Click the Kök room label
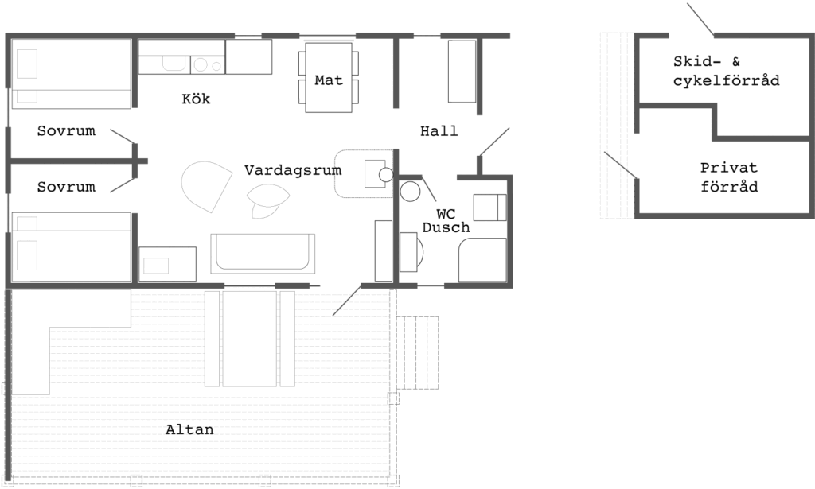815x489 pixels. tap(196, 99)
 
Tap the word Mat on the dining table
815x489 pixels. tap(329, 80)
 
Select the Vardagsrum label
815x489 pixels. tap(293, 170)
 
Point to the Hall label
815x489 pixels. tap(439, 131)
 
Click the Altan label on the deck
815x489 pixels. tap(189, 429)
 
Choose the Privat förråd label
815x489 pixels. tap(729, 177)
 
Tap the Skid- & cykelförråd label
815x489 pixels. tap(726, 71)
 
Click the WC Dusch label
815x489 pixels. tap(446, 220)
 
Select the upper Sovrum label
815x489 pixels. tap(66, 131)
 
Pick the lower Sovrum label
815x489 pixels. tap(66, 187)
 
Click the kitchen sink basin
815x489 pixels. tap(174, 64)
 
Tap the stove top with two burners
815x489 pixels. tap(208, 65)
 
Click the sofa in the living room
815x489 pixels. tap(263, 254)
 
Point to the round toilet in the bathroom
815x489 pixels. tap(410, 192)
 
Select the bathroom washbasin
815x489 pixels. tap(411, 252)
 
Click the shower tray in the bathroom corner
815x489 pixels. tap(482, 260)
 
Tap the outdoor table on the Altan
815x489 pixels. tap(249, 339)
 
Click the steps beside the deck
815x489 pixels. tap(417, 352)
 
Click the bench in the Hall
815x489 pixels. tap(462, 71)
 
